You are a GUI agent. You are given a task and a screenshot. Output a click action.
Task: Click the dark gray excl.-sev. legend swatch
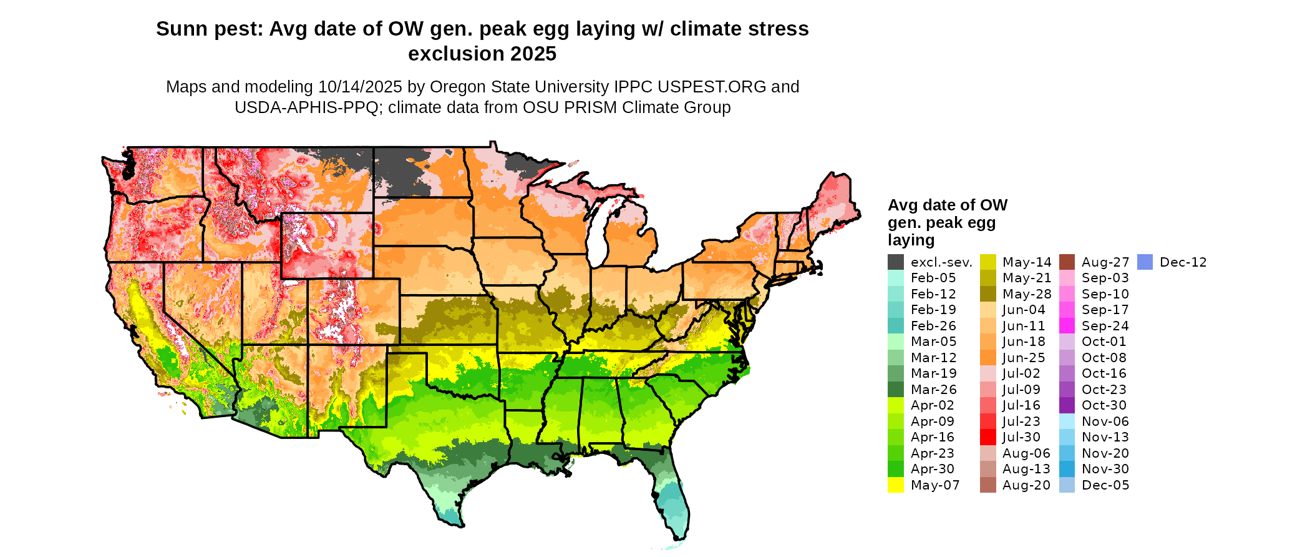coord(896,262)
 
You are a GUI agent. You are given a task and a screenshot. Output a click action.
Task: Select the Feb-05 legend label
coord(933,278)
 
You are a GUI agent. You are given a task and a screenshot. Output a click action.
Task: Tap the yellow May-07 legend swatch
coord(896,485)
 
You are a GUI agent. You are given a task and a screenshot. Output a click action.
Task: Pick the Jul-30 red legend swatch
coord(988,437)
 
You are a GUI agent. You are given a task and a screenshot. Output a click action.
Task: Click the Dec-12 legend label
coord(1183,262)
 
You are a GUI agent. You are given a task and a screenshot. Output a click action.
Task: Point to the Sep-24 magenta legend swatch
coord(1067,326)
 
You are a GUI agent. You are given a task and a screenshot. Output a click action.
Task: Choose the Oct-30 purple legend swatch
coord(1067,405)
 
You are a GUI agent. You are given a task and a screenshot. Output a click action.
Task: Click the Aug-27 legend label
coord(1105,262)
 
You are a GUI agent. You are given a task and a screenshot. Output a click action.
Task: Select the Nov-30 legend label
coord(1105,469)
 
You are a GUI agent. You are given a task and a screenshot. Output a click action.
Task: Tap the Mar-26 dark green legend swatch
coord(896,390)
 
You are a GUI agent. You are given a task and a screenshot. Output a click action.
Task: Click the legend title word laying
coord(911,240)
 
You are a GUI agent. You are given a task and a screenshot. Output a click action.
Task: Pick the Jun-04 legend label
coord(1024,310)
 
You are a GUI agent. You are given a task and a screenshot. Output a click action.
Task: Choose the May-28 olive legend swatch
coord(988,294)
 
